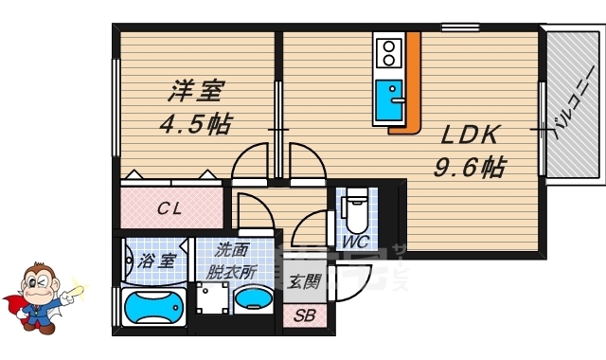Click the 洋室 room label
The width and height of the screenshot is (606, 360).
[196, 91]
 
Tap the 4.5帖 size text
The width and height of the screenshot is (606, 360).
[195, 124]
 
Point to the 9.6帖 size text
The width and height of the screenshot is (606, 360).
[469, 168]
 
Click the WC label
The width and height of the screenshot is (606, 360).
[355, 242]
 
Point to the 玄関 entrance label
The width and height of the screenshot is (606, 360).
[304, 280]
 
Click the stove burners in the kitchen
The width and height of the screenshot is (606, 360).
[387, 53]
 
